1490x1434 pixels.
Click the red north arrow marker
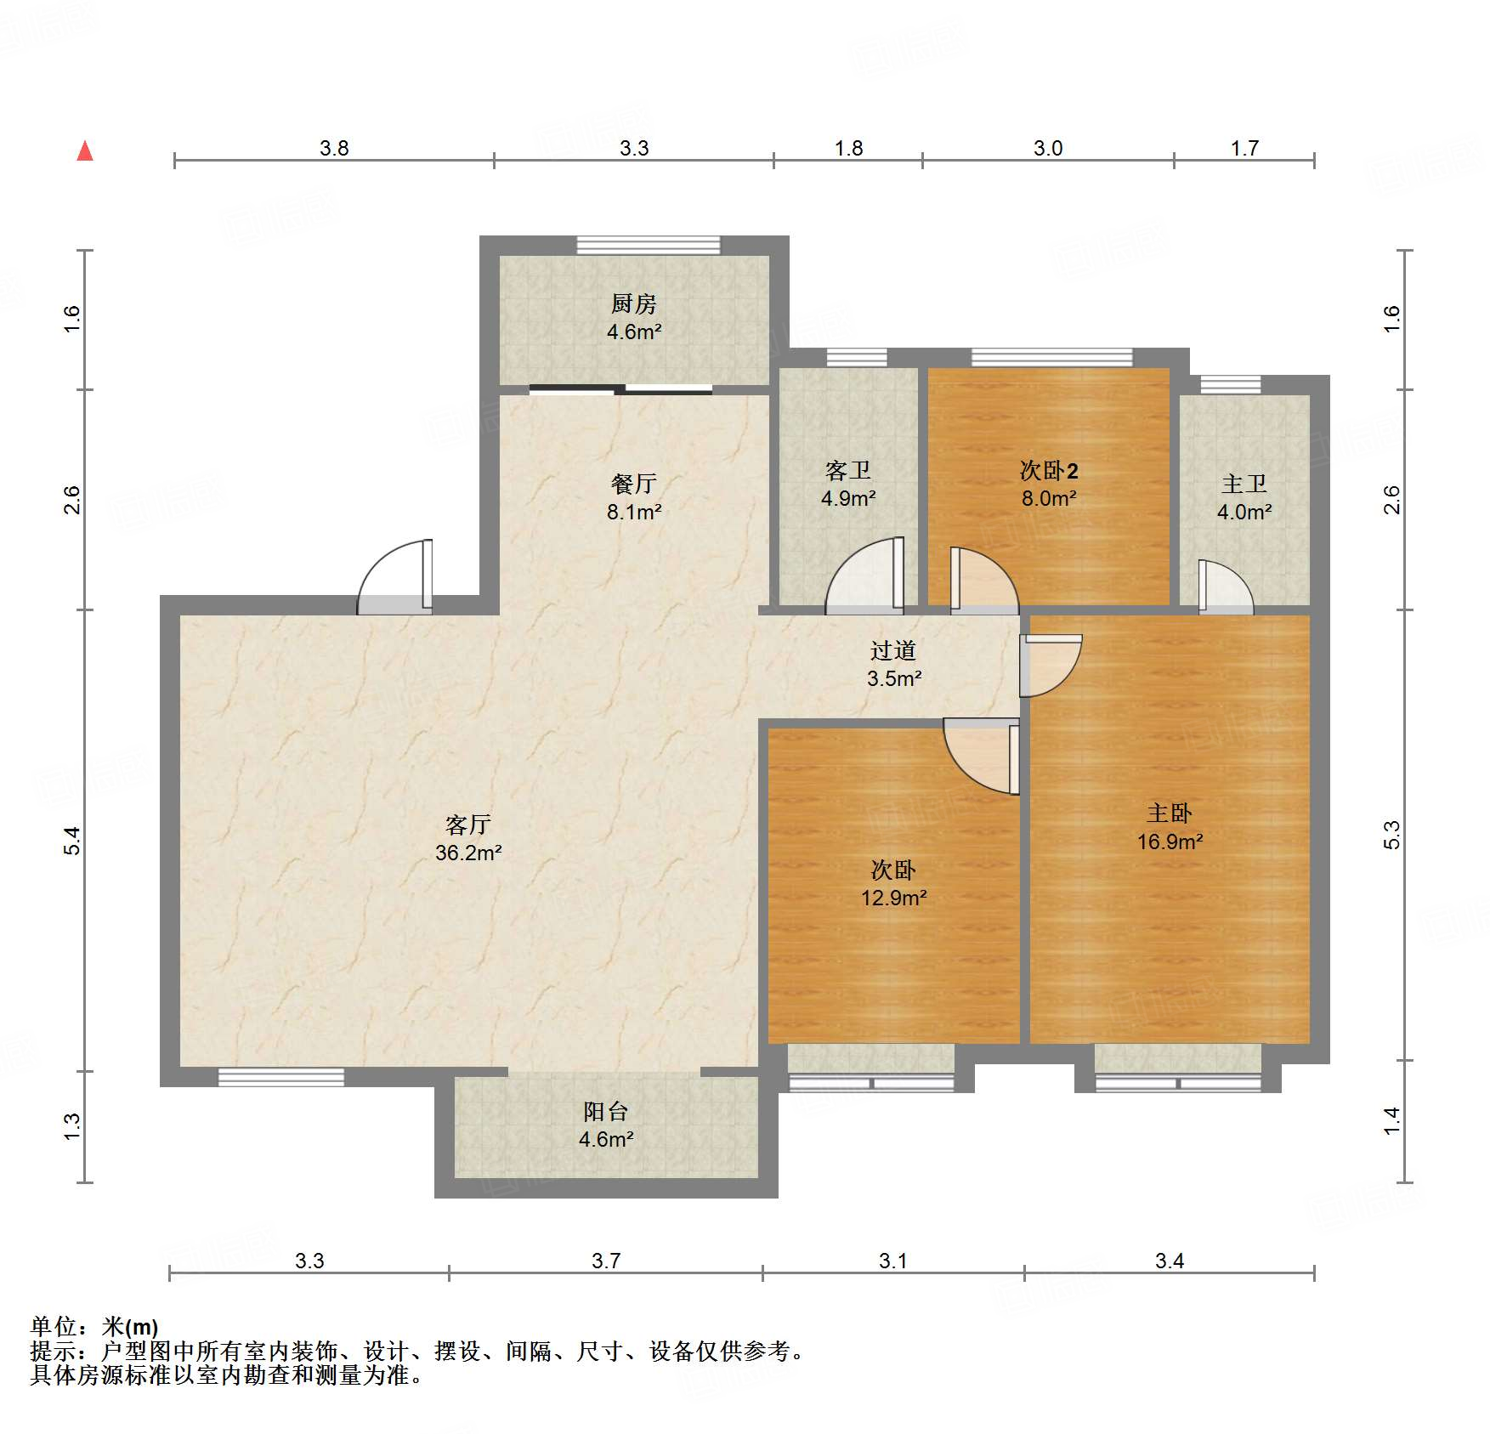(x=85, y=151)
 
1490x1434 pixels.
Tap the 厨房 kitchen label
(x=633, y=303)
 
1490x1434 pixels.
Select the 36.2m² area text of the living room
(x=468, y=853)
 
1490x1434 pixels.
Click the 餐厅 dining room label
(x=633, y=484)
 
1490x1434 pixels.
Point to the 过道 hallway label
(x=892, y=650)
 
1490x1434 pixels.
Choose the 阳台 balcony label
(x=605, y=1111)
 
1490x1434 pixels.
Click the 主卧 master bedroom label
(x=1170, y=813)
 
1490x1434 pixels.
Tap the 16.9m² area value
(x=1170, y=842)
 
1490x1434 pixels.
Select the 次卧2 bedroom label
(x=1049, y=470)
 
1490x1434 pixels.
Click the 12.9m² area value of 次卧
(x=893, y=898)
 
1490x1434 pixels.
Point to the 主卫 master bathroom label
(x=1244, y=484)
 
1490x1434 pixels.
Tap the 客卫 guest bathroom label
(x=847, y=470)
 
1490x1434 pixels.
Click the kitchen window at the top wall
(x=648, y=246)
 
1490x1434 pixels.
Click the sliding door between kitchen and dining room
(x=620, y=390)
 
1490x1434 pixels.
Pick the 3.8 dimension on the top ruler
(x=334, y=148)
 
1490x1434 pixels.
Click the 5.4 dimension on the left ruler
(x=72, y=840)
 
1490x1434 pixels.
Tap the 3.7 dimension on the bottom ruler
(x=605, y=1261)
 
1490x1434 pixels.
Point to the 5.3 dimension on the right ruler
(x=1391, y=835)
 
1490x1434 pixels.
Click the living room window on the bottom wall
(x=280, y=1078)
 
